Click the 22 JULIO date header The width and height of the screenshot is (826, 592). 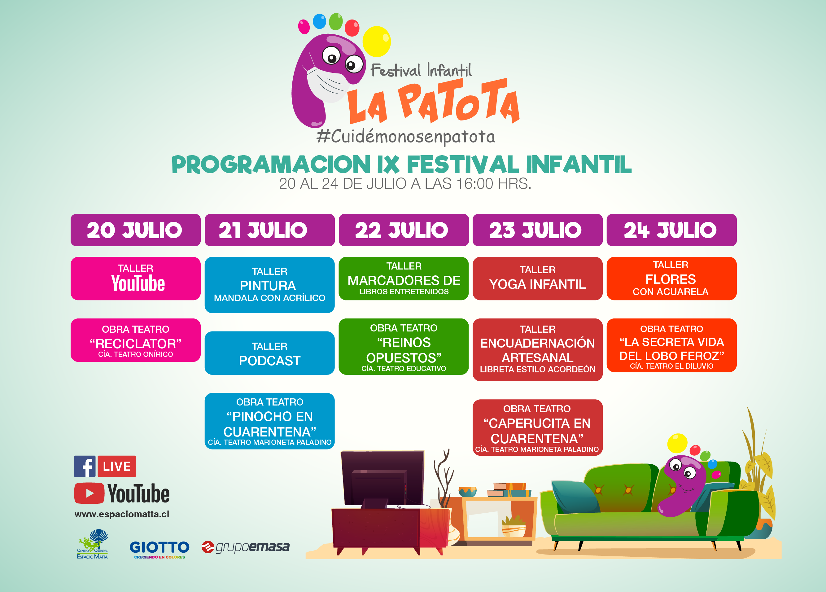pos(404,230)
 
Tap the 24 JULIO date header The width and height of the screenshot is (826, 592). pos(671,230)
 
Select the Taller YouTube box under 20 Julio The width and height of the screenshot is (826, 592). pos(135,278)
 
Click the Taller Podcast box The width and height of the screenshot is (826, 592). pos(269,353)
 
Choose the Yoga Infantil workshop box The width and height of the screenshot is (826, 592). pos(538,278)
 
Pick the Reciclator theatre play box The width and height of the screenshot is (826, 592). pos(135,340)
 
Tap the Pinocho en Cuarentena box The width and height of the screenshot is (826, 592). pos(269,421)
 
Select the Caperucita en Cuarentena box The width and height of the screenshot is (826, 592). pos(538,428)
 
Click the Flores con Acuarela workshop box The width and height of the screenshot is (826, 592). pos(671,278)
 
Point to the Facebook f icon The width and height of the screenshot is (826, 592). pos(85,466)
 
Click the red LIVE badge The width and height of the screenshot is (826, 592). pos(116,466)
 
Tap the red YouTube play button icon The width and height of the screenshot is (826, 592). pos(89,493)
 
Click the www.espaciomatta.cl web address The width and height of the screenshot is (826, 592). pos(122,515)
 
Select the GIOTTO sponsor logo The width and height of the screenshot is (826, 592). pos(160,549)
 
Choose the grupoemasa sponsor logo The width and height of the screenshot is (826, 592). pos(246,547)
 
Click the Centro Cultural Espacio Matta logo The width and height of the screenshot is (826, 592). pos(93,544)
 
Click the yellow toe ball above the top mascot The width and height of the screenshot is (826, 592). pos(377,42)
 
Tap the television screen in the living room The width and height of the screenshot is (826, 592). pos(382,478)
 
